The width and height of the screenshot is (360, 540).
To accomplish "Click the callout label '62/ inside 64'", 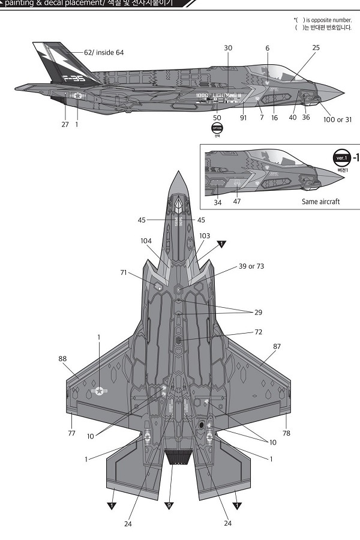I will click(x=104, y=53).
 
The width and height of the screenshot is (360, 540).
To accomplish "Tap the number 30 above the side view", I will click(x=228, y=48).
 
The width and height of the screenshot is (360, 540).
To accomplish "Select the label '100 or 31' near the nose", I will click(x=337, y=119).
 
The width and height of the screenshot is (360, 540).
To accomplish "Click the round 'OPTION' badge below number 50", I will click(x=217, y=128).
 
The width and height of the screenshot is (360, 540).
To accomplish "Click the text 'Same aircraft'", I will click(x=320, y=202).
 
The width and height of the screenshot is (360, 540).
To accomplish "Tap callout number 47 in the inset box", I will click(x=237, y=202).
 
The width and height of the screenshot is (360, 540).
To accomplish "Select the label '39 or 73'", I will click(x=251, y=266).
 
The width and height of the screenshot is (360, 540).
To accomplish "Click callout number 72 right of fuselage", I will click(x=259, y=332).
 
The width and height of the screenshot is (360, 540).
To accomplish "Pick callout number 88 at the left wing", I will click(x=62, y=358).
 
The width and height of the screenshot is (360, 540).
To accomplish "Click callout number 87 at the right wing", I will click(x=277, y=346).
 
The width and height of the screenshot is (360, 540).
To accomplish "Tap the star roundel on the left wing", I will click(x=98, y=392).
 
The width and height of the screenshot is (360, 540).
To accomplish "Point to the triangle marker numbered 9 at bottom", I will click(x=169, y=506).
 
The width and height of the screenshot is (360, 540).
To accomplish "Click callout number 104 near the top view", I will click(x=146, y=240).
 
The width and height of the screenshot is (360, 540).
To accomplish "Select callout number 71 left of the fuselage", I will click(x=124, y=273).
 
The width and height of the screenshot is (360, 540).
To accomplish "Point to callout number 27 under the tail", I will click(x=65, y=124).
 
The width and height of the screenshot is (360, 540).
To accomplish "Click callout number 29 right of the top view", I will click(x=258, y=313).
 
